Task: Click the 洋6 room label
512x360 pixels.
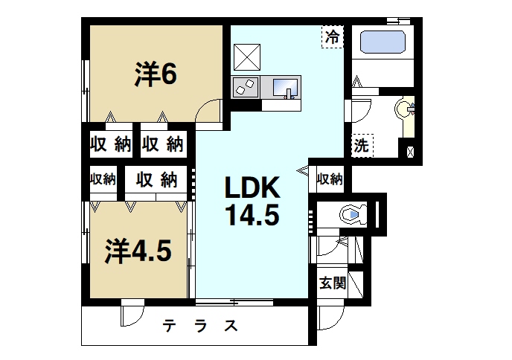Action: click(155, 74)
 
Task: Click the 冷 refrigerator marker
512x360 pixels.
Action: click(332, 36)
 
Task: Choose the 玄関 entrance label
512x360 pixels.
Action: click(333, 283)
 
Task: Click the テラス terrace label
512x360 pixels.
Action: click(201, 326)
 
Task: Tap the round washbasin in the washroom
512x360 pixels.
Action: click(404, 109)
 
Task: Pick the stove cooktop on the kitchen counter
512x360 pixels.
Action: click(244, 87)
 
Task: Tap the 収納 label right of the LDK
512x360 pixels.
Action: click(329, 179)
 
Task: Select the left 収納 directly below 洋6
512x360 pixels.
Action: click(111, 144)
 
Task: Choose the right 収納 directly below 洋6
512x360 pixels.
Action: click(162, 144)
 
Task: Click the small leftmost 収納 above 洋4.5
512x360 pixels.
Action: click(103, 179)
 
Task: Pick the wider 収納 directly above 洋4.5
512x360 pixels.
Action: click(156, 179)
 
